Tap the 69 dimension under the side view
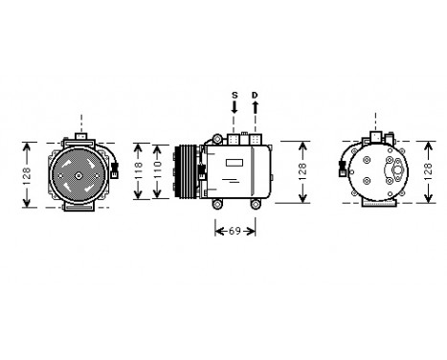(234, 230)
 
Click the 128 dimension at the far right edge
(303, 172)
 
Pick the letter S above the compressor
(234, 95)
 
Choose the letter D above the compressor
(255, 95)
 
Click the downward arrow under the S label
(234, 114)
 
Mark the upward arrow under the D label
(255, 114)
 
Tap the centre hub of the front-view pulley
(80, 172)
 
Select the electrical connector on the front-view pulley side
(116, 170)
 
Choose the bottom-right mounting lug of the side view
(256, 203)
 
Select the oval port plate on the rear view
(391, 170)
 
